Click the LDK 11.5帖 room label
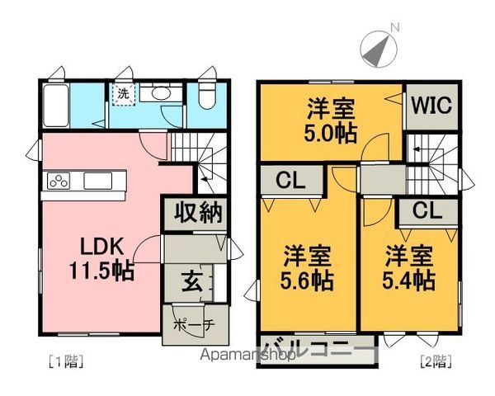[101, 257]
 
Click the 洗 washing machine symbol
[122, 93]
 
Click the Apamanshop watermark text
[248, 356]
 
